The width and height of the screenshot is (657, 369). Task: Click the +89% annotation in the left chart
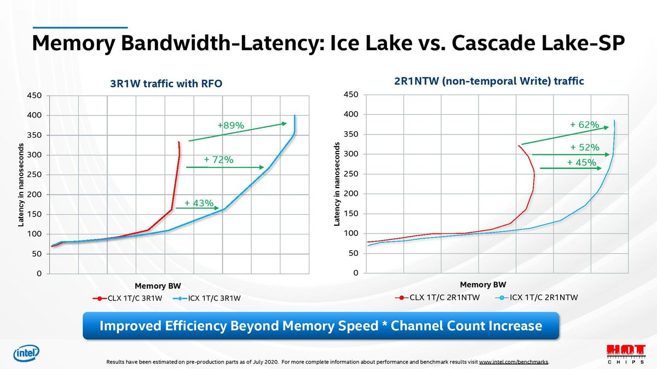coord(230,126)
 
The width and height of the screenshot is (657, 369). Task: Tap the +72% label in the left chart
coord(218,160)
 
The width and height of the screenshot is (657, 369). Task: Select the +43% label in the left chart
coord(199,203)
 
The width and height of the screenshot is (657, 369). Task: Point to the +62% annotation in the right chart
coord(584,125)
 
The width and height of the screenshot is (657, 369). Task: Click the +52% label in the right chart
coord(584,148)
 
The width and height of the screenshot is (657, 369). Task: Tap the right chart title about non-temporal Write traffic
coord(489,81)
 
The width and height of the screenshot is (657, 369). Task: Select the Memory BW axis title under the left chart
coord(158,286)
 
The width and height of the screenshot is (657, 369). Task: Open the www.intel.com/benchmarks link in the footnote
coord(513,362)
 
